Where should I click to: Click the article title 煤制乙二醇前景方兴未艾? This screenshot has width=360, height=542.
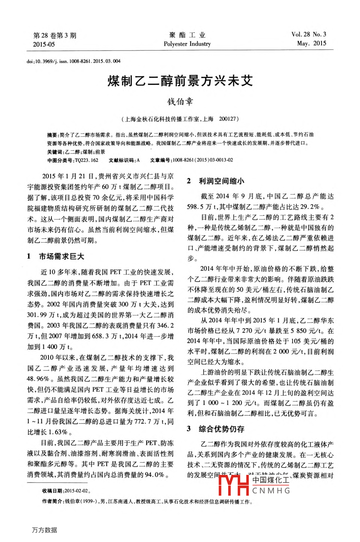pos(180,81)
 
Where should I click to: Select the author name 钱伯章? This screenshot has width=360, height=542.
pos(180,102)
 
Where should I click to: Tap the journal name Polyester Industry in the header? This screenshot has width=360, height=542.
pos(187,44)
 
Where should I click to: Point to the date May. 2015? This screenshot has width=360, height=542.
pos(311,43)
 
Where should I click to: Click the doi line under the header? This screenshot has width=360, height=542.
pos(73,61)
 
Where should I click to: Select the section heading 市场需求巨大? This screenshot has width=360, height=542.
pos(61,257)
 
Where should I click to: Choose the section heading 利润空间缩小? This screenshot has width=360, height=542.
pos(221,181)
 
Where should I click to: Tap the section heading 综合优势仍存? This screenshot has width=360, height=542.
pos(221,429)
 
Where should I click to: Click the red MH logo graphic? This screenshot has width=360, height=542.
pos(234,485)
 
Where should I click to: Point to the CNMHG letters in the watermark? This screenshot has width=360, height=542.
pos(271,491)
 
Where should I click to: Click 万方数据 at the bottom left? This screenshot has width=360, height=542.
pos(44,530)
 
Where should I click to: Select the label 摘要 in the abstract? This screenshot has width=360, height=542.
pos(52,135)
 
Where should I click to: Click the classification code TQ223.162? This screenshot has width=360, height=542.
pos(87,160)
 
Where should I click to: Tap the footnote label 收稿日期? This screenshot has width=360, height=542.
pos(53,491)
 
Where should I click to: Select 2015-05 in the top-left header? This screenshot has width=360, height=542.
pos(44,45)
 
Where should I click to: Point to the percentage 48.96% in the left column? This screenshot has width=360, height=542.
pos(38,379)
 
